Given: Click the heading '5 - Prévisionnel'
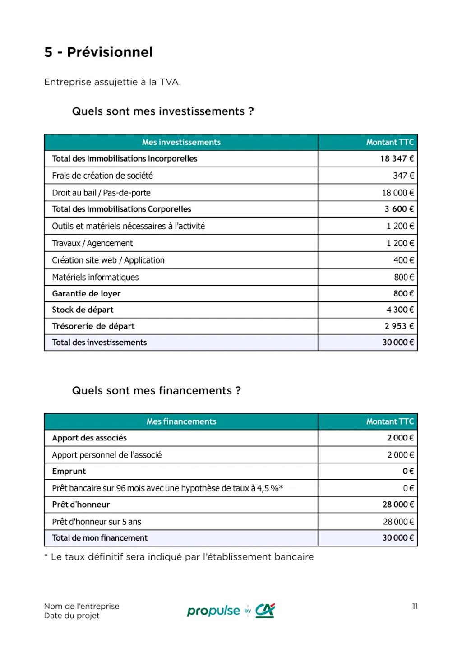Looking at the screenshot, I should pyautogui.click(x=98, y=52).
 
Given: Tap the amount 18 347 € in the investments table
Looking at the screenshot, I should pyautogui.click(x=397, y=158).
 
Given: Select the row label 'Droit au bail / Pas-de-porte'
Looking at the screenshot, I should pyautogui.click(x=101, y=193).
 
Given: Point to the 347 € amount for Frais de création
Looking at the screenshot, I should pyautogui.click(x=403, y=176).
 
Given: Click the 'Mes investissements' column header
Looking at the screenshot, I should pyautogui.click(x=181, y=142).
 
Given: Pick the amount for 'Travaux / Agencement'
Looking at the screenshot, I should pyautogui.click(x=400, y=243).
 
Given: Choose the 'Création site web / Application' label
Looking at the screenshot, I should pyautogui.click(x=108, y=260).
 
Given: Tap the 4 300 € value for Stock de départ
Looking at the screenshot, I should pyautogui.click(x=400, y=310).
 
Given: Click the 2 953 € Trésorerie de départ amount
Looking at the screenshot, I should pyautogui.click(x=399, y=326).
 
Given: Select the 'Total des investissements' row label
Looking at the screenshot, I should pyautogui.click(x=99, y=343).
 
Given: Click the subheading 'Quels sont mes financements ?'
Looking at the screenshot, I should pyautogui.click(x=156, y=390).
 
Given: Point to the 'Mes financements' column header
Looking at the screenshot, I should pyautogui.click(x=181, y=421).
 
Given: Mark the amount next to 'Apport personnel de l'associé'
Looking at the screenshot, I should pyautogui.click(x=400, y=455).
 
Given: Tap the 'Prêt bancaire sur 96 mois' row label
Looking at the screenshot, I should pyautogui.click(x=167, y=488).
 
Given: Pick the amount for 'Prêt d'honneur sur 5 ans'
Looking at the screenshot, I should pyautogui.click(x=398, y=522).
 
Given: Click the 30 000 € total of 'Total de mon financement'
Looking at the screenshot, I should pyautogui.click(x=397, y=538).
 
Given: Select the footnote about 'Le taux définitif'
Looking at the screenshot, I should pyautogui.click(x=179, y=557).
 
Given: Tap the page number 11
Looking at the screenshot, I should pyautogui.click(x=415, y=606).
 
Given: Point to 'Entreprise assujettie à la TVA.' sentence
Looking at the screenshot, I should pyautogui.click(x=112, y=82).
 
